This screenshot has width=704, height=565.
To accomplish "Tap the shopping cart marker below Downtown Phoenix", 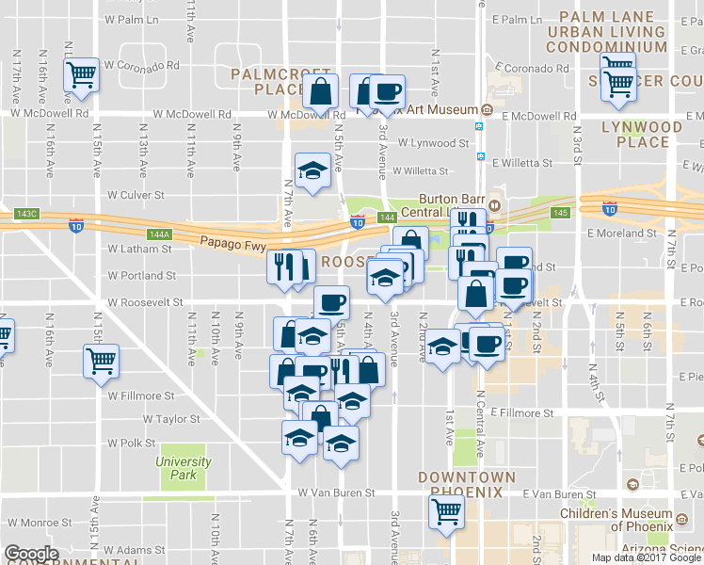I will [446, 512].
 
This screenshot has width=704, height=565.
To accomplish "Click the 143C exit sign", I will [27, 214].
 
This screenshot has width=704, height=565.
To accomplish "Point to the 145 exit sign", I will [561, 213].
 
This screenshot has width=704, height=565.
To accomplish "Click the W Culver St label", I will [136, 195].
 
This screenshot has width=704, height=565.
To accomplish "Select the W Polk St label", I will [131, 442].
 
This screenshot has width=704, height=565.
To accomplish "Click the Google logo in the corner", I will [32, 554].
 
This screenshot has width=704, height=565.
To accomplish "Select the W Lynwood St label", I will [433, 143].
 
